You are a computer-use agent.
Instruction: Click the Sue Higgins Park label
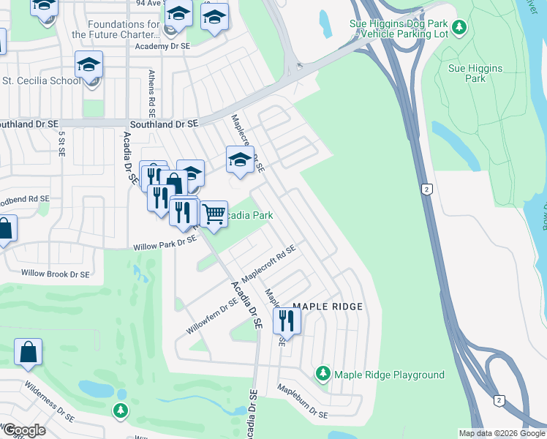click(475, 73)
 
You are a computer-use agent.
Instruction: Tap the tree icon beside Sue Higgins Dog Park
click(459, 28)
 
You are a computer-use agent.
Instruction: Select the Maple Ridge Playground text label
click(389, 375)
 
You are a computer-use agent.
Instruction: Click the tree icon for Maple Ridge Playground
click(322, 375)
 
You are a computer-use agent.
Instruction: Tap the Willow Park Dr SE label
click(165, 243)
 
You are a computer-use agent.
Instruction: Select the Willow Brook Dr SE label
click(55, 274)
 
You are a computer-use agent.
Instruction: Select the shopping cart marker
click(213, 214)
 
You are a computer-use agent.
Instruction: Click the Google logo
click(23, 430)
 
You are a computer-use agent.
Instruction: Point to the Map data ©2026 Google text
click(502, 433)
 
